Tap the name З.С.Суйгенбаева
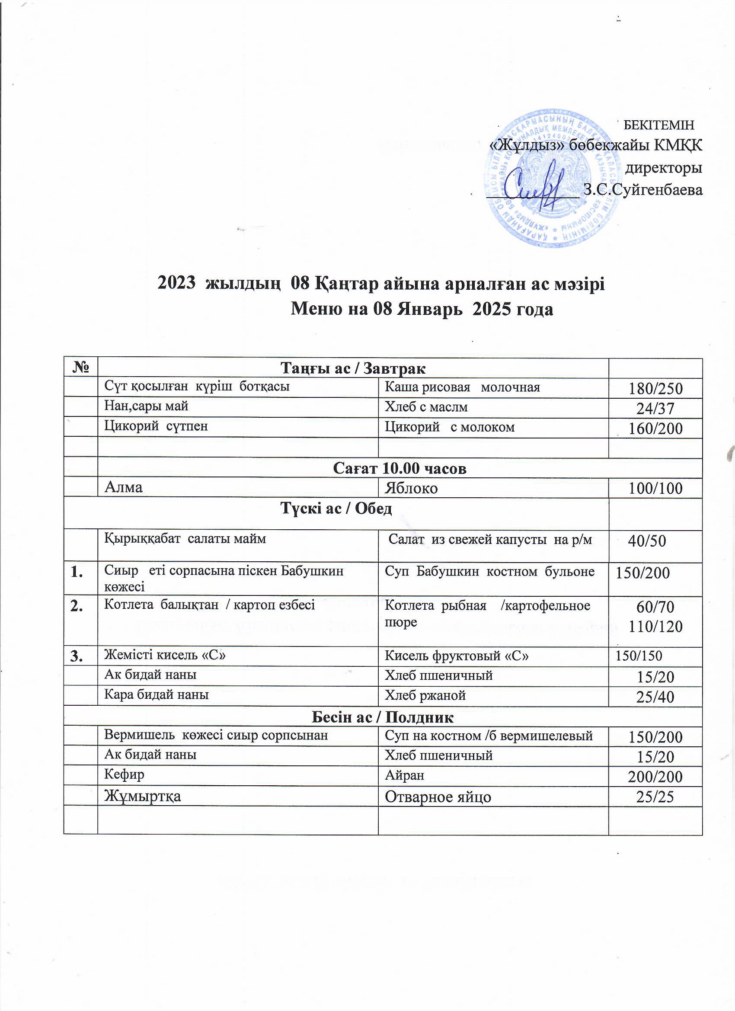pyautogui.click(x=643, y=190)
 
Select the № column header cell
pyautogui.click(x=80, y=368)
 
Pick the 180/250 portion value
pyautogui.click(x=655, y=389)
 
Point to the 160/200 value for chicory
pyautogui.click(x=655, y=429)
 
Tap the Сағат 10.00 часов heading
pyautogui.click(x=399, y=468)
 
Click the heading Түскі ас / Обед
pyautogui.click(x=336, y=509)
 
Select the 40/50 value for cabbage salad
pyautogui.click(x=647, y=541)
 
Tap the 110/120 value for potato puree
pyautogui.click(x=655, y=627)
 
